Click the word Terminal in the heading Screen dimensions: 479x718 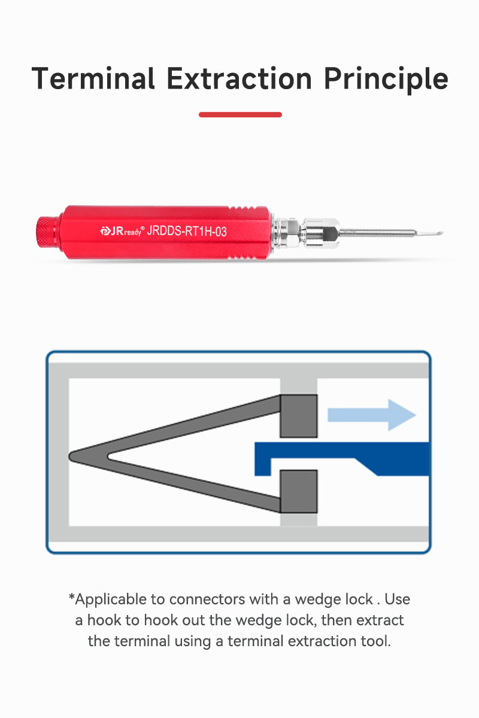[x=93, y=78]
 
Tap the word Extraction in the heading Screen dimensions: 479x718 [x=239, y=78]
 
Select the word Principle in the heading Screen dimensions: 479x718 [x=386, y=80]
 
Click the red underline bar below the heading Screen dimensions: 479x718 [x=240, y=114]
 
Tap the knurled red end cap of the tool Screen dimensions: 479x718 [x=47, y=232]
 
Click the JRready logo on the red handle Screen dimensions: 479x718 [x=122, y=231]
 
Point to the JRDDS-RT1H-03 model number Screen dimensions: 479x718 [x=187, y=231]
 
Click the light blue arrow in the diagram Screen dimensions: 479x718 [x=371, y=415]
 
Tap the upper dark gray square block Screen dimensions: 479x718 [x=299, y=416]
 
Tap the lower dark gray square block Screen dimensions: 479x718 [x=299, y=491]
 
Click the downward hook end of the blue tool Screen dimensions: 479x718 [x=262, y=467]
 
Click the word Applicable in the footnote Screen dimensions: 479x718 [x=111, y=600]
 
